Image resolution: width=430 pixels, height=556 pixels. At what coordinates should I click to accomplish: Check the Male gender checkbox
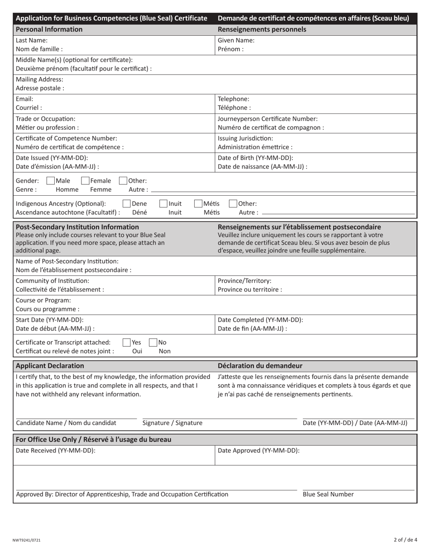pyautogui.click(x=51, y=181)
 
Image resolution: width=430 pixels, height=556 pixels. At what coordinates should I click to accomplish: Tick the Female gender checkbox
pyautogui.click(x=86, y=181)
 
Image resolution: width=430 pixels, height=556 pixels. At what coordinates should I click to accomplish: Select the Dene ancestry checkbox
pyautogui.click(x=127, y=204)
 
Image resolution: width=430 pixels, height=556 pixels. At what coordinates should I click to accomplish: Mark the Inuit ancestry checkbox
pyautogui.click(x=163, y=204)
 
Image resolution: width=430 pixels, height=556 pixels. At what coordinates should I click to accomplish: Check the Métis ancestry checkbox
pyautogui.click(x=198, y=204)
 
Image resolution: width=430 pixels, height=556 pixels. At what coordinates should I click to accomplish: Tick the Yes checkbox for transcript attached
pyautogui.click(x=127, y=343)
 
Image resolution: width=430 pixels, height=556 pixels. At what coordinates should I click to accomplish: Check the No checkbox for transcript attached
pyautogui.click(x=153, y=343)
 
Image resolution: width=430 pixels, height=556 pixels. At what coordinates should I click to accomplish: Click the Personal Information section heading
pyautogui.click(x=49, y=29)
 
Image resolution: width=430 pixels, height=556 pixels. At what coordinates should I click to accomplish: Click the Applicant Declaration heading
pyautogui.click(x=50, y=366)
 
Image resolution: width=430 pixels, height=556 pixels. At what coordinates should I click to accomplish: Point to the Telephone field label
pyautogui.click(x=234, y=99)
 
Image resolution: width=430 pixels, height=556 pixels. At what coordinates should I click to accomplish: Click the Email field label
pyautogui.click(x=24, y=99)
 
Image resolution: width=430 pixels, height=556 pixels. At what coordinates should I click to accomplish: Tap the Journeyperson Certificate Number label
pyautogui.click(x=268, y=119)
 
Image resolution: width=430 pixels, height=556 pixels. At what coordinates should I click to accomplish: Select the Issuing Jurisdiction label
pyautogui.click(x=245, y=138)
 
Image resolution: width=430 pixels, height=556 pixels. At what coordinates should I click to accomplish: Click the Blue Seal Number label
pyautogui.click(x=328, y=495)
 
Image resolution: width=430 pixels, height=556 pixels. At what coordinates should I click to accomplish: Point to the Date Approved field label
pyautogui.click(x=258, y=451)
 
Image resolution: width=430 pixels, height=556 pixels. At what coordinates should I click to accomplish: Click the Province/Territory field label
pyautogui.click(x=244, y=281)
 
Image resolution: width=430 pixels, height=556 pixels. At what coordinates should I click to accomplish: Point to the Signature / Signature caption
pyautogui.click(x=172, y=423)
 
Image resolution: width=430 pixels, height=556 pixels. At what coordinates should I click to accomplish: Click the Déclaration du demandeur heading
pyautogui.click(x=260, y=366)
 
